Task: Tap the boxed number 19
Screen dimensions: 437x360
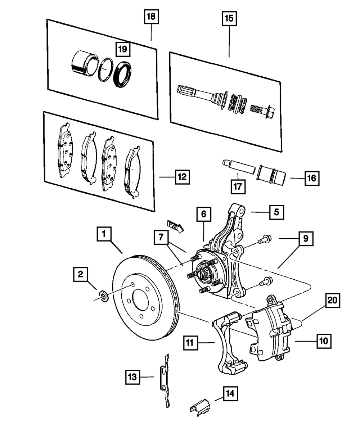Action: coord(123,49)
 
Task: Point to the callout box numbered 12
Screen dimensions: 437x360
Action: coord(183,177)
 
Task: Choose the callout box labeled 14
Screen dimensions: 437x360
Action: coord(230,394)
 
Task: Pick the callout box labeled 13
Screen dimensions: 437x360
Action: coord(132,377)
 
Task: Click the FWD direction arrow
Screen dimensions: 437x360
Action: coord(176,226)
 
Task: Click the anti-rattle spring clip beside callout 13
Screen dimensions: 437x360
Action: coord(165,381)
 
